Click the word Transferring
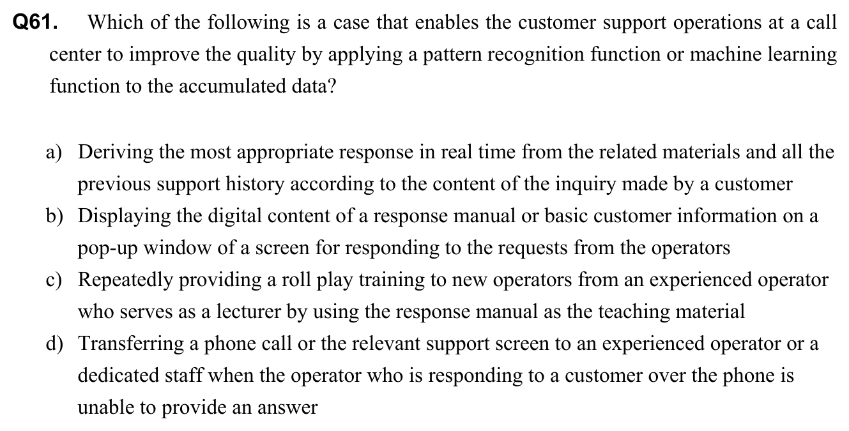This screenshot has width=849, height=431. (x=130, y=344)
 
